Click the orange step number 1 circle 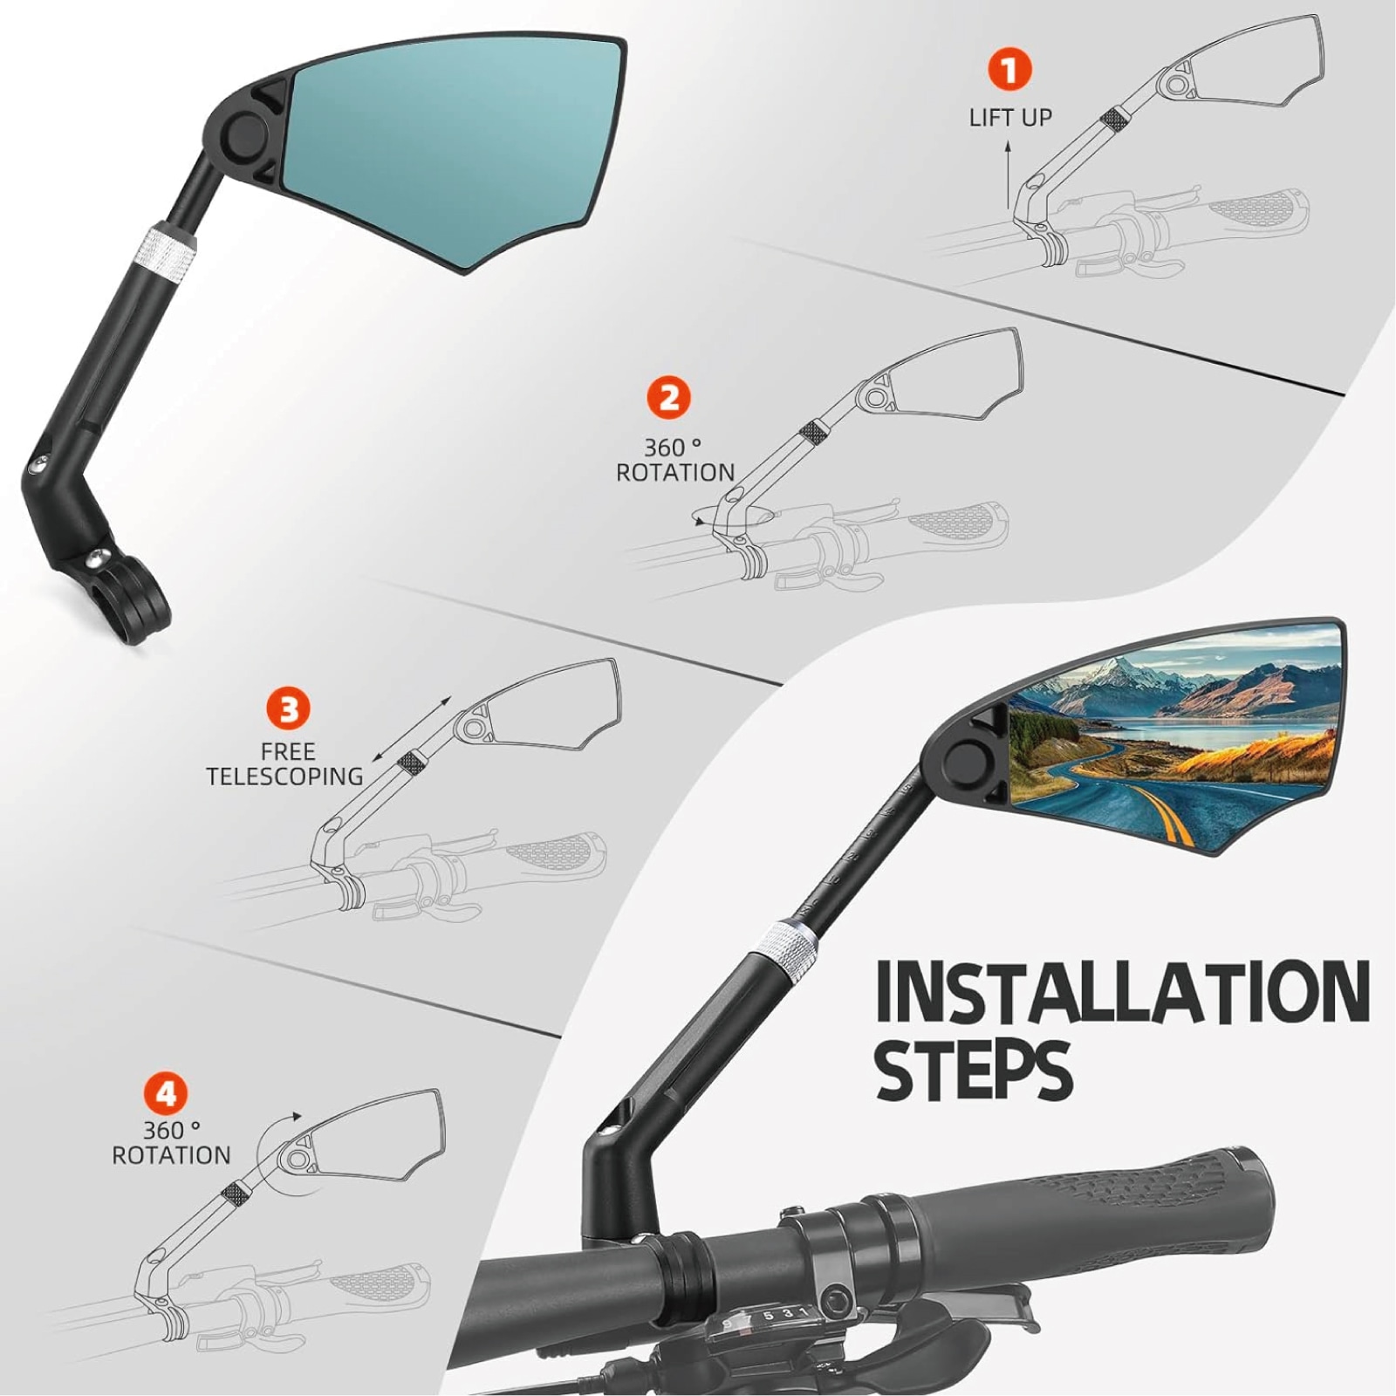pyautogui.click(x=1009, y=69)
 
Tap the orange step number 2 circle pyautogui.click(x=669, y=398)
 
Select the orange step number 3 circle pyautogui.click(x=289, y=709)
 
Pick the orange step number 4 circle pyautogui.click(x=166, y=1094)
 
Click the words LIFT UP pyautogui.click(x=1010, y=118)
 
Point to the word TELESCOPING pyautogui.click(x=284, y=776)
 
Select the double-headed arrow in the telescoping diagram pyautogui.click(x=412, y=729)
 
